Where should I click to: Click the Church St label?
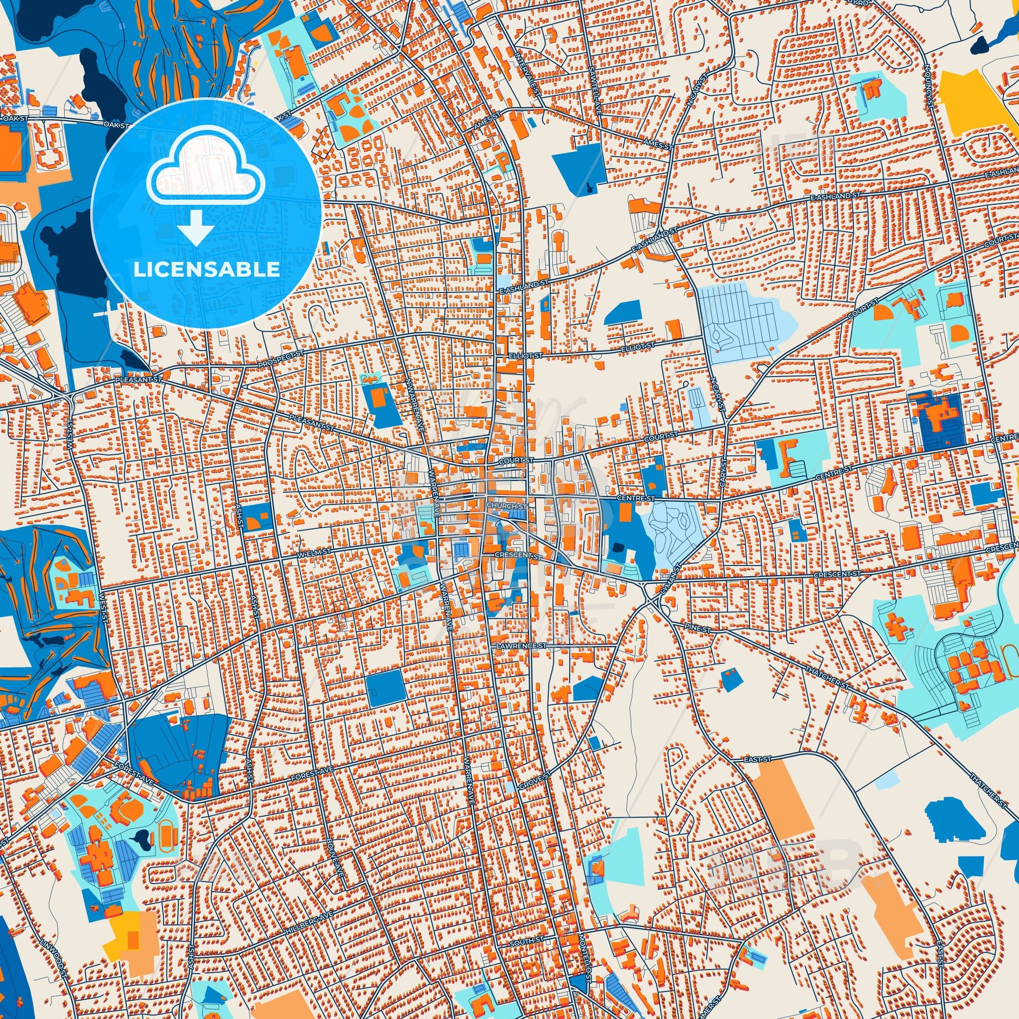pos(507,506)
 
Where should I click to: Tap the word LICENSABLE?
pos(206,270)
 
